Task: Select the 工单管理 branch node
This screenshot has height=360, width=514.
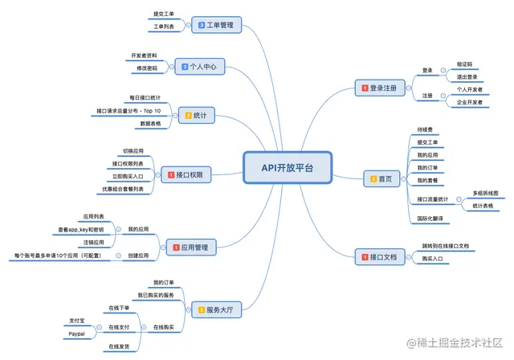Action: (x=215, y=26)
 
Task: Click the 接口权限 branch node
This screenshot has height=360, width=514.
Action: (x=186, y=173)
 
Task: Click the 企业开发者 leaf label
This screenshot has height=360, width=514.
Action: (x=470, y=103)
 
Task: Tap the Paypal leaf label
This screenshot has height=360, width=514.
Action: (x=76, y=333)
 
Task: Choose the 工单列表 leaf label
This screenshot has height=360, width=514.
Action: (x=164, y=27)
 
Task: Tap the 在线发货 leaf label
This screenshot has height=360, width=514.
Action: (x=119, y=346)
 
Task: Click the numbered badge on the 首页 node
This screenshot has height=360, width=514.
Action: (x=372, y=178)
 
